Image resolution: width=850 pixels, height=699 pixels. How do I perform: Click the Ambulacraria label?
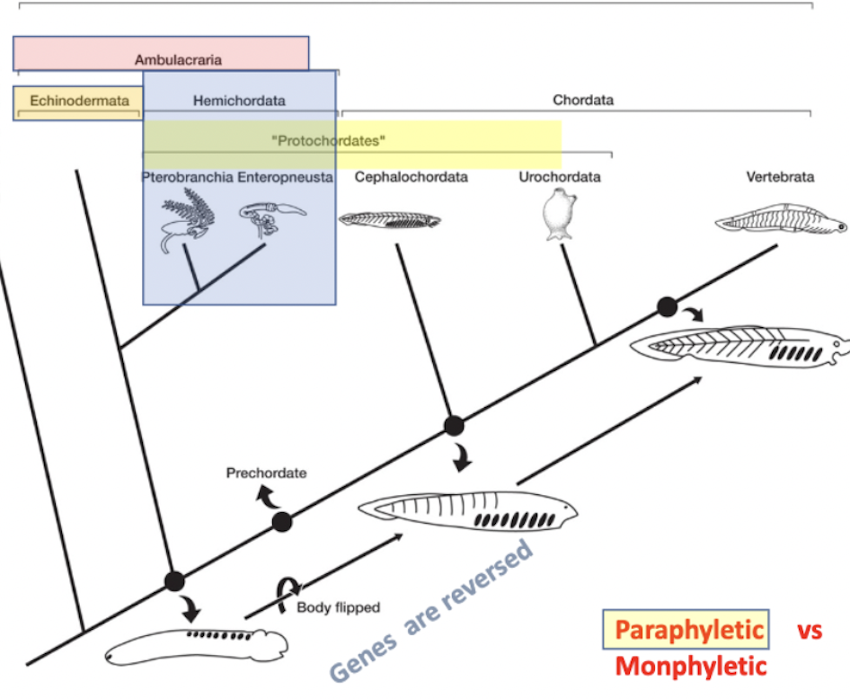[178, 59]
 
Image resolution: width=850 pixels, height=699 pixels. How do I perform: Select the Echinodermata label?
[80, 101]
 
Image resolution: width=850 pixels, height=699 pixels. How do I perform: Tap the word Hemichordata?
[239, 101]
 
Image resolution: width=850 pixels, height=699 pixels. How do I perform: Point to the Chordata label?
[583, 101]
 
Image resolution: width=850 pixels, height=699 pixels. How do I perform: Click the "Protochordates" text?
[329, 141]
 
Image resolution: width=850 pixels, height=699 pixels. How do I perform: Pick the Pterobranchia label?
[188, 177]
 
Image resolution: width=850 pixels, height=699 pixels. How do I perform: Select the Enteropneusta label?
[285, 177]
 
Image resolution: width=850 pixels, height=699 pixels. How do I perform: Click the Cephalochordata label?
[411, 177]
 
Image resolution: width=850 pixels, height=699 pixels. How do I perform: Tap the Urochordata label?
[560, 177]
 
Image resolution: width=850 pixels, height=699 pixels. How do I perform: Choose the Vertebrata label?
[780, 177]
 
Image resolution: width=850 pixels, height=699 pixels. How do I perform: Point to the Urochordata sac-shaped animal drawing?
[560, 215]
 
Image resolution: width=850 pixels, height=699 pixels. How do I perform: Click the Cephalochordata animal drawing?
[390, 220]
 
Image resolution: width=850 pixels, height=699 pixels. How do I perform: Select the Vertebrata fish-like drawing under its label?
[781, 219]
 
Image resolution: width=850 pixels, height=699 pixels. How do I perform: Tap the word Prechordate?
[266, 473]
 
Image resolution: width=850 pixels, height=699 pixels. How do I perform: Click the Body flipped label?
[338, 607]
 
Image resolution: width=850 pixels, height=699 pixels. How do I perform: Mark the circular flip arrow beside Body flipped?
[288, 595]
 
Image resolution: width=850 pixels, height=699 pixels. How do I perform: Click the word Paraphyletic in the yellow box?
[689, 630]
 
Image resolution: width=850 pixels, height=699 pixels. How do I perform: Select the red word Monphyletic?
[691, 666]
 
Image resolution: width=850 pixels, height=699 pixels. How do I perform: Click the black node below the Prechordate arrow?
[282, 522]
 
